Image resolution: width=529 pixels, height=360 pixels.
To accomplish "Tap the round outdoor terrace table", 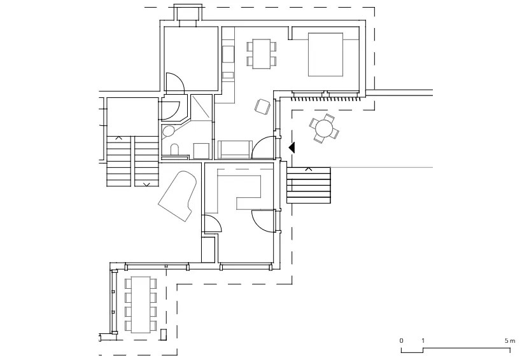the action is [324, 128].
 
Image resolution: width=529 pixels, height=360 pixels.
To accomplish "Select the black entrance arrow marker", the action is [292, 148].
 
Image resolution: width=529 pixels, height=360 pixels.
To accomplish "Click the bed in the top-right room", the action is [325, 54].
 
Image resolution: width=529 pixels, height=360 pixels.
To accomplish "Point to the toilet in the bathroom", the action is [174, 149].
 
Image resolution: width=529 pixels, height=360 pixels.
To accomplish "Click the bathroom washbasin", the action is [168, 131].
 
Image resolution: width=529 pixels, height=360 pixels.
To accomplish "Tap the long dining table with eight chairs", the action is [141, 305].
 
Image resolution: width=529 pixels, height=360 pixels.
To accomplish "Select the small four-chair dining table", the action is [262, 54].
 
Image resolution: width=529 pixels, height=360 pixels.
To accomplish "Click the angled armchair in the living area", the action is [262, 106].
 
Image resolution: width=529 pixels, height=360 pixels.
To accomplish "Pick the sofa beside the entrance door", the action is [235, 149].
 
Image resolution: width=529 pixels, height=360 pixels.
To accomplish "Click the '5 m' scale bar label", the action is [510, 341].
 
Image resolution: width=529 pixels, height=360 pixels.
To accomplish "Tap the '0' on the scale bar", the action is [401, 341].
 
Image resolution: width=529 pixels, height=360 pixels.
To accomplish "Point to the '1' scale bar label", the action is [423, 341].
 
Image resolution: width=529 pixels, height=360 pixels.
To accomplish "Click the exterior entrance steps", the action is [309, 185].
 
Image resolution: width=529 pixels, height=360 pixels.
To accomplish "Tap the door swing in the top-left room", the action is [175, 83].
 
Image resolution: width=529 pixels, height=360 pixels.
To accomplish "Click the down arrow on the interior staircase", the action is [147, 184].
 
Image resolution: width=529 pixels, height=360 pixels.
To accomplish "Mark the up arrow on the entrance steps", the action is [308, 169].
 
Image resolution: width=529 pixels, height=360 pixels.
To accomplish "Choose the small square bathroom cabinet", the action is [201, 150].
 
